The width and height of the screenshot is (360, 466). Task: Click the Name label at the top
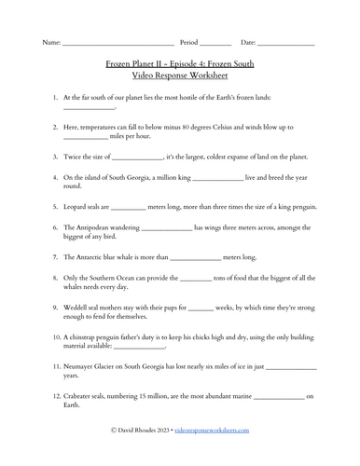[51, 43]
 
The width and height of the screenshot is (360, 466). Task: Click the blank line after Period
[215, 44]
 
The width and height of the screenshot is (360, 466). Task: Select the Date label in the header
[247, 43]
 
